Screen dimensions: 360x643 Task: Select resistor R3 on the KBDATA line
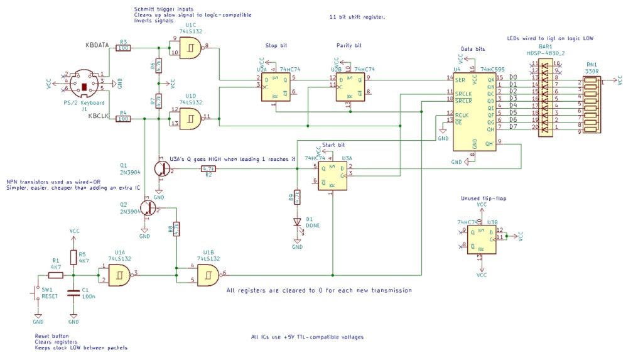(x=123, y=48)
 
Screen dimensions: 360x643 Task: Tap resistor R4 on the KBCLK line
(x=123, y=118)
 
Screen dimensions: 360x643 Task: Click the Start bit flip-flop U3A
(x=333, y=176)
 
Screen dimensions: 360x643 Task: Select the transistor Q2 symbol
(x=148, y=207)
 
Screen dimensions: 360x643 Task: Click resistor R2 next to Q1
(x=208, y=169)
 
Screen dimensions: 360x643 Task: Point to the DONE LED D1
(x=298, y=222)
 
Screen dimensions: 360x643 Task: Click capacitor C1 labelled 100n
(x=73, y=293)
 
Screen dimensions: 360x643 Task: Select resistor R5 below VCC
(x=73, y=257)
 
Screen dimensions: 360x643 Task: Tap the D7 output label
(x=513, y=126)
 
